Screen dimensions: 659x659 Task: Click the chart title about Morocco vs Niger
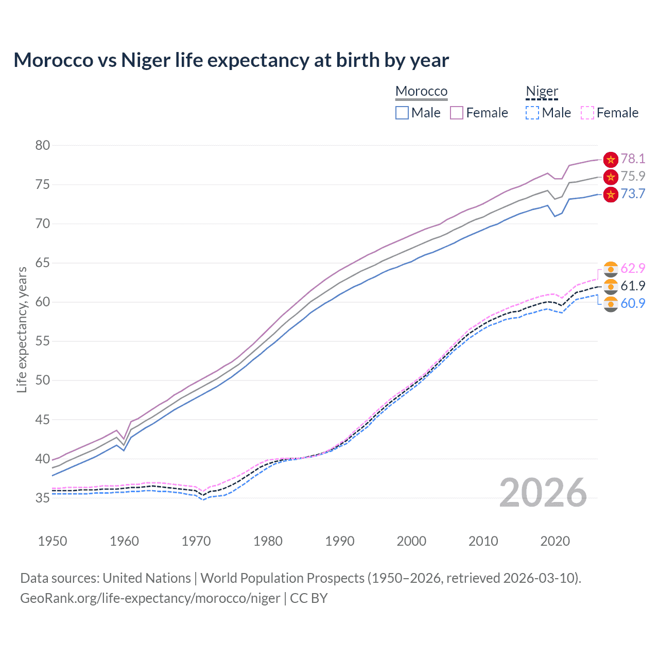pos(231,60)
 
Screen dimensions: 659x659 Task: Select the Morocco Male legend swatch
pos(402,113)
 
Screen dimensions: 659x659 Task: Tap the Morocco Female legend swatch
pos(457,113)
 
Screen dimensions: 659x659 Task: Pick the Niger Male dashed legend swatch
pos(532,113)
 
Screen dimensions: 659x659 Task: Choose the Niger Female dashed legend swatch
pos(587,113)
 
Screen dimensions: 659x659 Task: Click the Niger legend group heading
pos(542,92)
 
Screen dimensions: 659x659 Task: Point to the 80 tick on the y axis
pos(43,145)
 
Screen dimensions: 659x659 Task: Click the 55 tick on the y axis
pos(43,341)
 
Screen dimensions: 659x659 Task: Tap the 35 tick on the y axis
pos(43,498)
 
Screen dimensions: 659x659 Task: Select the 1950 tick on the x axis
pos(53,541)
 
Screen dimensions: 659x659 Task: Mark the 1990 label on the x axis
pos(340,541)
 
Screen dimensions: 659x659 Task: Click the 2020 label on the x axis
pos(555,541)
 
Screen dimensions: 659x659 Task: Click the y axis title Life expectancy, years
pos(22,329)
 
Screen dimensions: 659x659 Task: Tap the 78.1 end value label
pos(633,159)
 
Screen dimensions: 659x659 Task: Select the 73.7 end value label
pos(633,194)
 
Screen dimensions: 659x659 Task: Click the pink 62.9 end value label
pos(633,269)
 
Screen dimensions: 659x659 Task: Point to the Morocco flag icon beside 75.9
pos(611,177)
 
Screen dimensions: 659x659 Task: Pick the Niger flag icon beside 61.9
pos(611,286)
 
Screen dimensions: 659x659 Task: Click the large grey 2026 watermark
pos(543,493)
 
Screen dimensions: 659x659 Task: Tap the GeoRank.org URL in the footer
pos(150,598)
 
